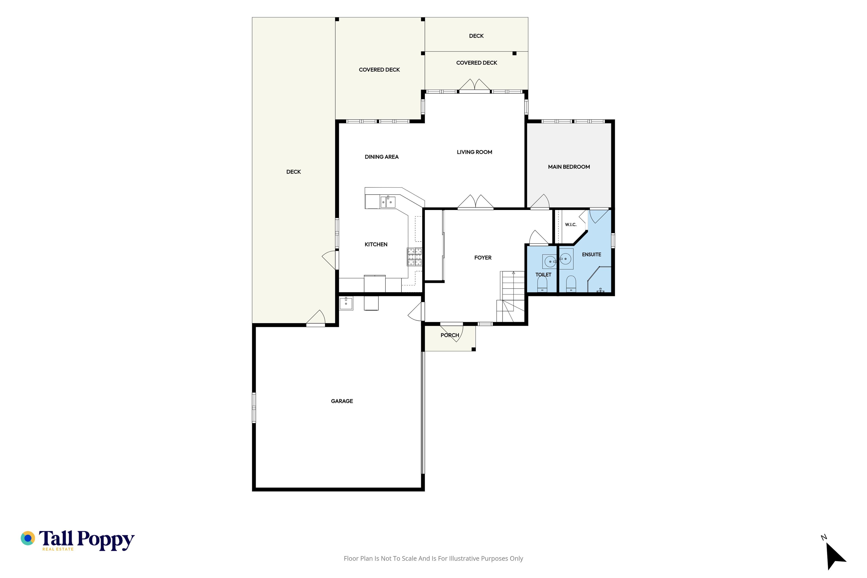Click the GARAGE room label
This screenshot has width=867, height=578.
(x=342, y=401)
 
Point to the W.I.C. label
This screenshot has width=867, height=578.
(x=571, y=224)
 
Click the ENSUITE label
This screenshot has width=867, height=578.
(x=591, y=254)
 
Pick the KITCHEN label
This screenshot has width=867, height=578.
(x=376, y=244)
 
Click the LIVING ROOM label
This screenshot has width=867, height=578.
(x=474, y=152)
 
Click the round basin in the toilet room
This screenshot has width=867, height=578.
(x=550, y=262)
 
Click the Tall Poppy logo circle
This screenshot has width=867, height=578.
(x=28, y=538)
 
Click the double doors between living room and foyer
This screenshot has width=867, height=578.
(x=475, y=202)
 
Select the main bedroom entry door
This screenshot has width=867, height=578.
(x=540, y=202)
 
